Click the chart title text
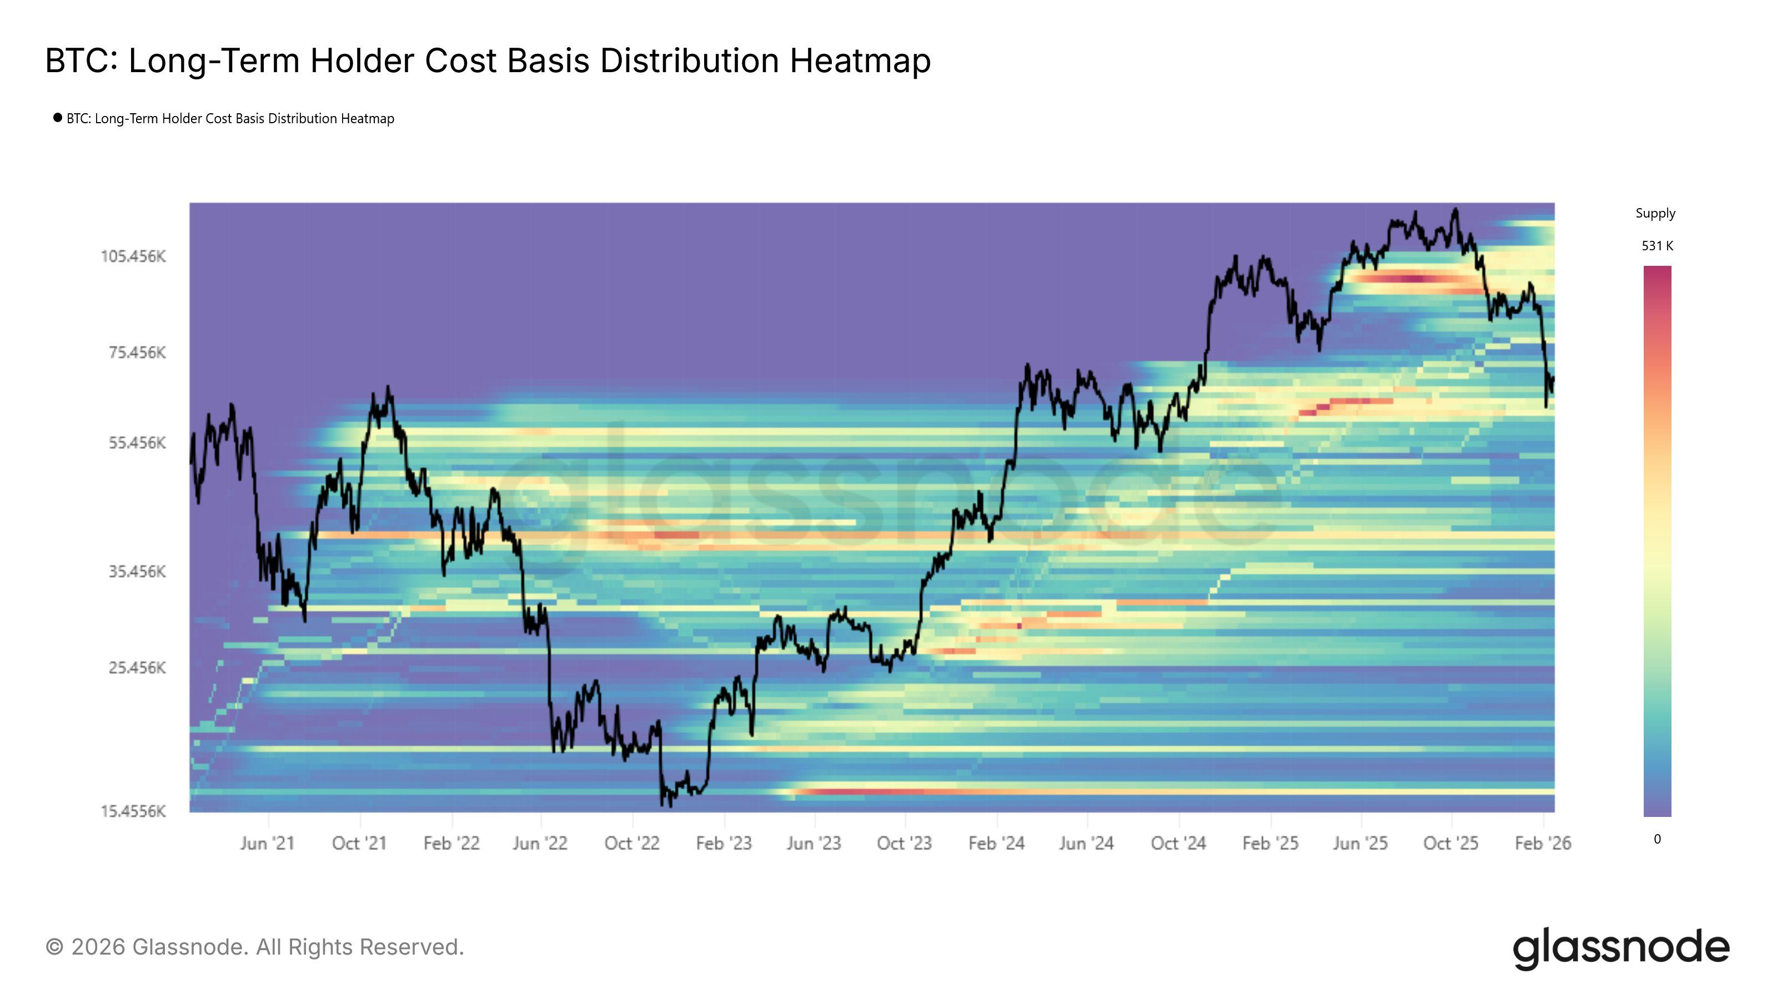tap(487, 60)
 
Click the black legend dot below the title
tap(57, 118)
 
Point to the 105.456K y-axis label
tap(133, 256)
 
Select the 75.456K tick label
tap(137, 353)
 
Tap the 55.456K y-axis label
tap(137, 443)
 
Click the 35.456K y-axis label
tap(137, 572)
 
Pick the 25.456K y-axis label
tap(137, 667)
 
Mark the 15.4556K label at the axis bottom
tap(133, 811)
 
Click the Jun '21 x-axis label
tap(267, 843)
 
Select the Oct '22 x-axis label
tap(631, 843)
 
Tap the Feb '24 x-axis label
tap(996, 843)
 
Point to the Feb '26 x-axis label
tap(1543, 843)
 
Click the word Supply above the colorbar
tap(1655, 213)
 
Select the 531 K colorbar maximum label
tap(1657, 245)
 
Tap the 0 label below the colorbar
tap(1657, 839)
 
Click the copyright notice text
tap(254, 947)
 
